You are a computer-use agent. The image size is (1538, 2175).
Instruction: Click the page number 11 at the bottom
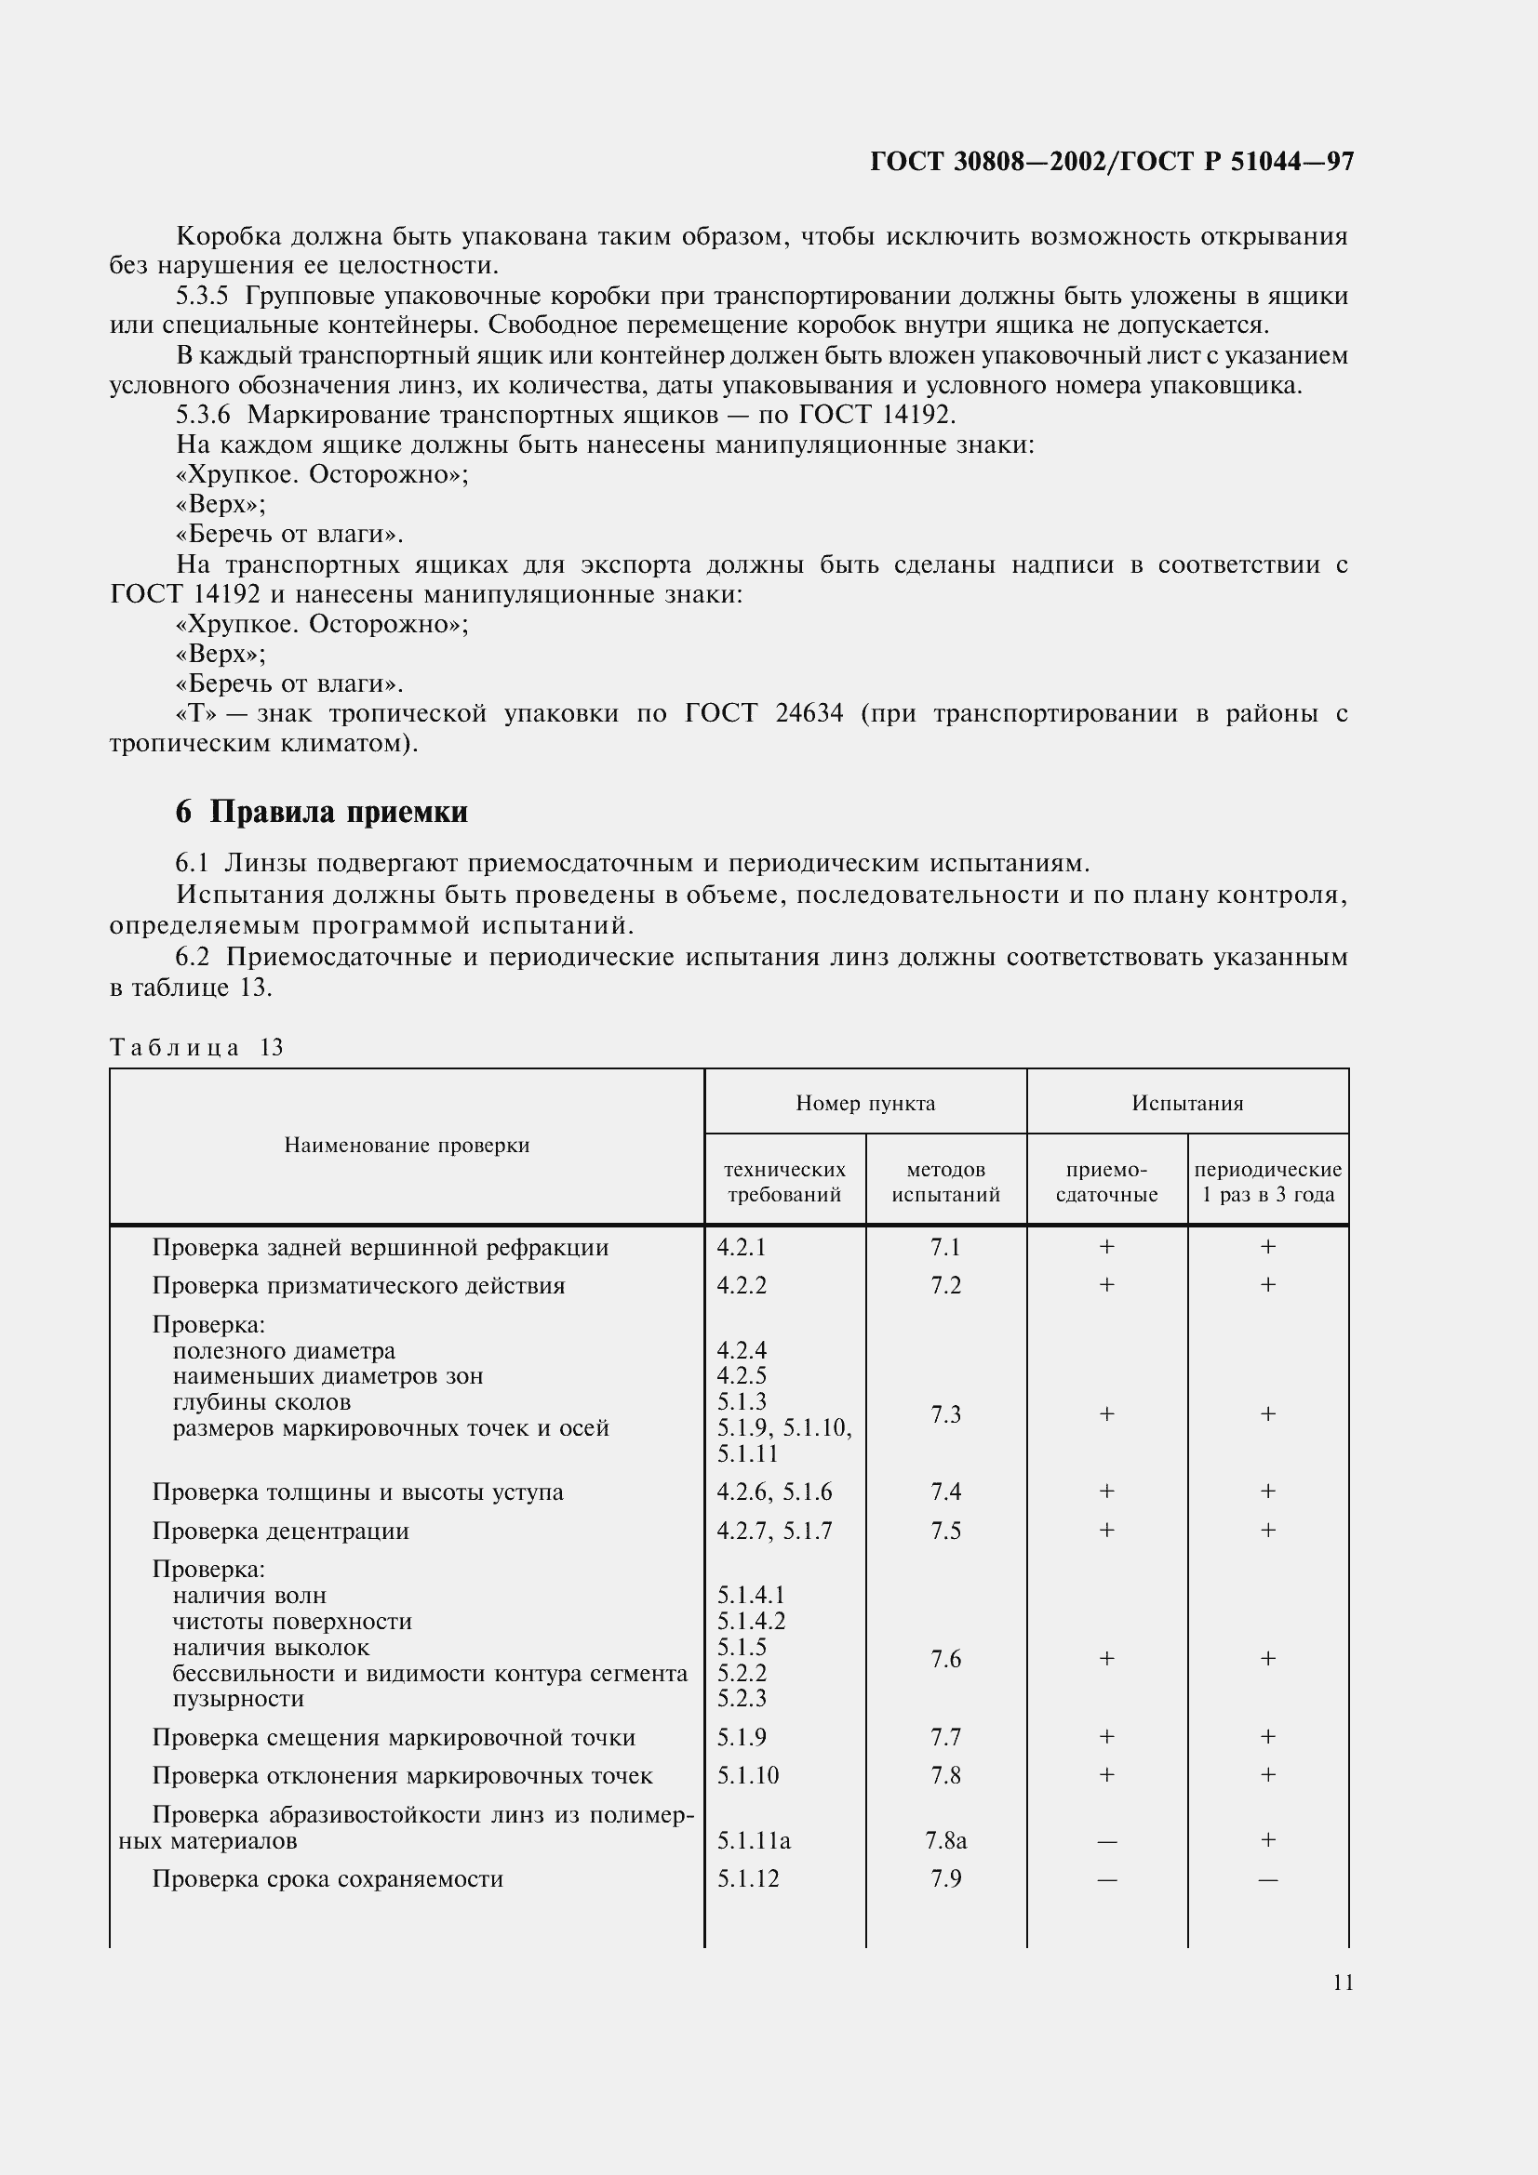1342,1983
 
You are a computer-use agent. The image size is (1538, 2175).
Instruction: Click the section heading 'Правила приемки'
339,812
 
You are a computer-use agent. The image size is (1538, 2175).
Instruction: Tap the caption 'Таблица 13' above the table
197,1047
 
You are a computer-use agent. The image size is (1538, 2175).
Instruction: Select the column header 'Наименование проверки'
407,1146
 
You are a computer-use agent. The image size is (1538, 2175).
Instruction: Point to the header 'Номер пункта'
865,1103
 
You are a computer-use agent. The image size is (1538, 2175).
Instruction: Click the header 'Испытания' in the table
1186,1103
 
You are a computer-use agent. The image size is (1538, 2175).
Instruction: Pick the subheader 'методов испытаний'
945,1182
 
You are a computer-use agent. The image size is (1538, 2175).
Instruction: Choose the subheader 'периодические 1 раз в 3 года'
1267,1182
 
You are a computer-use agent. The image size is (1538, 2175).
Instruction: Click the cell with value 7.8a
945,1839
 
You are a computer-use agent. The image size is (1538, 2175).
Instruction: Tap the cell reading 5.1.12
748,1878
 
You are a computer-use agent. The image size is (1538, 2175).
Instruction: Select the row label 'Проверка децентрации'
280,1532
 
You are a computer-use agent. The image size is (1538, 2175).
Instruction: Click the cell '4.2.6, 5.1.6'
774,1492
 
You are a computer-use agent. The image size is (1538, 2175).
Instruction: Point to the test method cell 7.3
945,1414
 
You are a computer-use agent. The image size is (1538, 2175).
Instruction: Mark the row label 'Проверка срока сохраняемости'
328,1878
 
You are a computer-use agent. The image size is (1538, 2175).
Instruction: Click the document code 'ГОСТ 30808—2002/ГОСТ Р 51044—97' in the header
1112,162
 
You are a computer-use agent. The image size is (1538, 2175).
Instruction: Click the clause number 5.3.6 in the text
203,415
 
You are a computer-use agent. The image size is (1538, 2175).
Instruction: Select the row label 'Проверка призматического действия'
358,1285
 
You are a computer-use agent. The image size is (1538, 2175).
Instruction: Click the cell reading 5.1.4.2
751,1622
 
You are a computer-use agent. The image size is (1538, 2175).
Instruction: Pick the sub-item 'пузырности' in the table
238,1699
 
